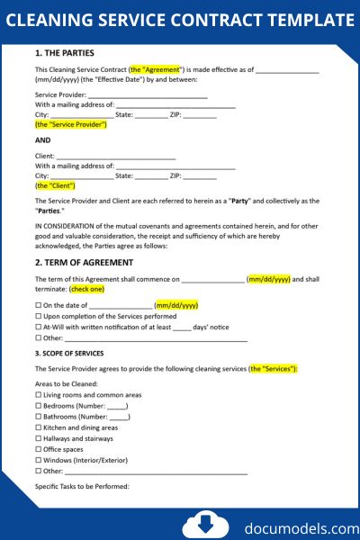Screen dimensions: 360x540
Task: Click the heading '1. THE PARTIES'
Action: tap(64, 53)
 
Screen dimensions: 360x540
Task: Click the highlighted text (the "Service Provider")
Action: tap(71, 124)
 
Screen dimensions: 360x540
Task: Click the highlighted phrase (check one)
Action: tap(87, 289)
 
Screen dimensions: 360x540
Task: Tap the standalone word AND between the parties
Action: tap(43, 140)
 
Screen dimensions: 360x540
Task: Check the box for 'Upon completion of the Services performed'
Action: tap(39, 317)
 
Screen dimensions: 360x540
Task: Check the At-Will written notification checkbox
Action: tap(39, 328)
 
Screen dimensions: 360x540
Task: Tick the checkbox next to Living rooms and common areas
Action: tap(39, 395)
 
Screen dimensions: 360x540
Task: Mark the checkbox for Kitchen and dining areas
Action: tap(39, 427)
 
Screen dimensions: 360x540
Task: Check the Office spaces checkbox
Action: tap(39, 449)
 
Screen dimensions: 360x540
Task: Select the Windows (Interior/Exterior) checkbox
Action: tap(39, 460)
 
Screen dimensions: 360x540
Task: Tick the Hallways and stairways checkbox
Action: tap(39, 438)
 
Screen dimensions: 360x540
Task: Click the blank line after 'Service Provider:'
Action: tap(148, 94)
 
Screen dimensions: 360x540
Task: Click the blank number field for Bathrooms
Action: tap(119, 417)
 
